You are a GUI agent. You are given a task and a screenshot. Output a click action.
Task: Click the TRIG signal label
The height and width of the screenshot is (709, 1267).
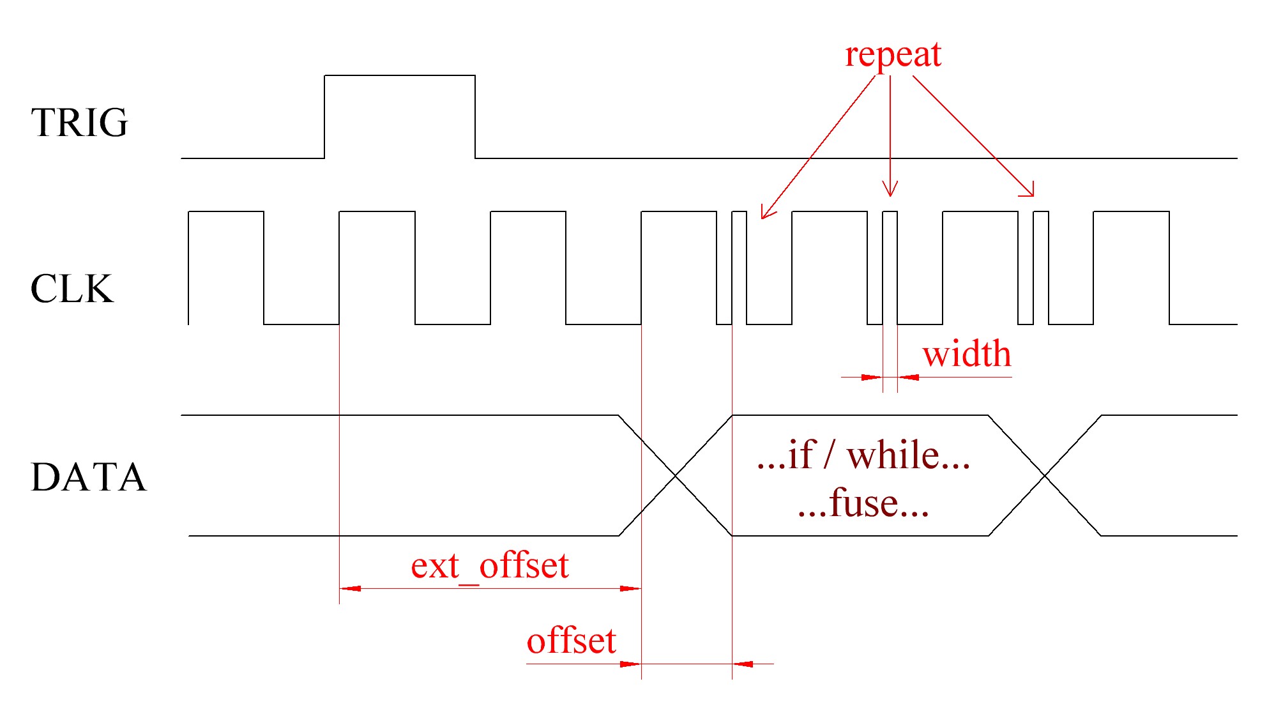click(79, 122)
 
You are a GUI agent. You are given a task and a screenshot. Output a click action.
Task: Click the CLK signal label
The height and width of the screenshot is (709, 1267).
click(72, 289)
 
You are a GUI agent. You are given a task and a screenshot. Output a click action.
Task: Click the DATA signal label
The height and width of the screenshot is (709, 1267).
click(88, 477)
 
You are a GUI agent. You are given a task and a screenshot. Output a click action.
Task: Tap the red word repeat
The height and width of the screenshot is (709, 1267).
click(892, 55)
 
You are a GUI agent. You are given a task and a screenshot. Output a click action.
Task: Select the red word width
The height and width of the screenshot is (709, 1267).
click(966, 354)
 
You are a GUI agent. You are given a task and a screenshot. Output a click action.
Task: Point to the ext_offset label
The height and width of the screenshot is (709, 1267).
click(489, 566)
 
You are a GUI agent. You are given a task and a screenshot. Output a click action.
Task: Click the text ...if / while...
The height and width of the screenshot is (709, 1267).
click(863, 455)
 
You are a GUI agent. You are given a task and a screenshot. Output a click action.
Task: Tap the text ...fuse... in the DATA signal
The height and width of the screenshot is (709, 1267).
click(863, 503)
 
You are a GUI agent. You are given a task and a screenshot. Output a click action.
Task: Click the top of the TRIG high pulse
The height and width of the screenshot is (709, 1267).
click(400, 75)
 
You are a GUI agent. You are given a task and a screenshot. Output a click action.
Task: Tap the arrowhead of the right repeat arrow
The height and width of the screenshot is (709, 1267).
click(1031, 193)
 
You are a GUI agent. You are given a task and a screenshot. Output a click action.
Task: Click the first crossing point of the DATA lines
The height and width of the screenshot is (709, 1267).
click(676, 476)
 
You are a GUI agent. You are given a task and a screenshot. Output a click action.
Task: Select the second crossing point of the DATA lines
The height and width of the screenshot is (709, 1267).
click(1045, 476)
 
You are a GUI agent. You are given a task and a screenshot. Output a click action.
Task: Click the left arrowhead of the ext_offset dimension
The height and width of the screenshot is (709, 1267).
click(345, 588)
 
